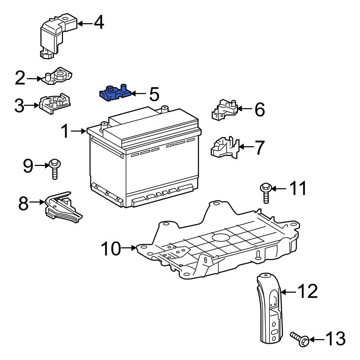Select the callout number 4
tap(99, 23)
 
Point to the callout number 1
tap(65, 131)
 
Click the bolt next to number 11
tap(266, 193)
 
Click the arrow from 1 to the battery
tap(78, 131)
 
